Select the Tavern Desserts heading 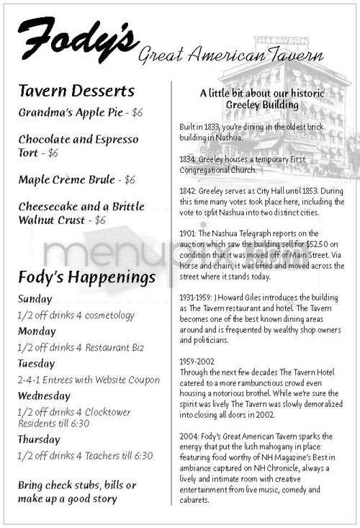(x=76, y=91)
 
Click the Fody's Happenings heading (x=87, y=277)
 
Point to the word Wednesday (x=45, y=396)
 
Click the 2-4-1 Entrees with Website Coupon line (x=89, y=380)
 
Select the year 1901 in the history (x=188, y=233)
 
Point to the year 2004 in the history (x=189, y=435)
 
